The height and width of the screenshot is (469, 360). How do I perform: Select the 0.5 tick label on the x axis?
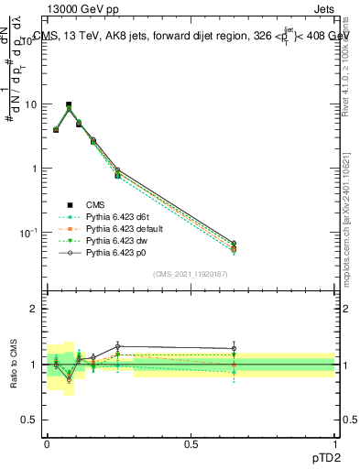[191, 443]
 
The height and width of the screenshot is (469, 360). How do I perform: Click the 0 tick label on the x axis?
[47, 443]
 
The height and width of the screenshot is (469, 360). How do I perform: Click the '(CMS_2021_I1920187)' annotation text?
[191, 274]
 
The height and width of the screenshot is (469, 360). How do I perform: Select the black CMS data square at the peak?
[69, 105]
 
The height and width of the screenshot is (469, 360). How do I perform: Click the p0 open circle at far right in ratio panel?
[235, 348]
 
